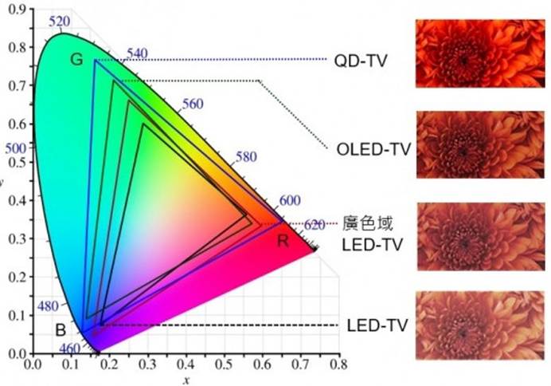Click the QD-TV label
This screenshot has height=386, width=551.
tap(361, 60)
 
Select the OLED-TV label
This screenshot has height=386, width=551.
tap(369, 148)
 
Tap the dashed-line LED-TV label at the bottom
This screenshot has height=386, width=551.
tap(377, 325)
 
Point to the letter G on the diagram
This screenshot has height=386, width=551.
tap(76, 60)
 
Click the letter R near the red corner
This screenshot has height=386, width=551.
tap(283, 241)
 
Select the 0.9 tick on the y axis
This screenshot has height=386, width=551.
tap(16, 10)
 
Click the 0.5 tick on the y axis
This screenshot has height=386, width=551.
tap(16, 162)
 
